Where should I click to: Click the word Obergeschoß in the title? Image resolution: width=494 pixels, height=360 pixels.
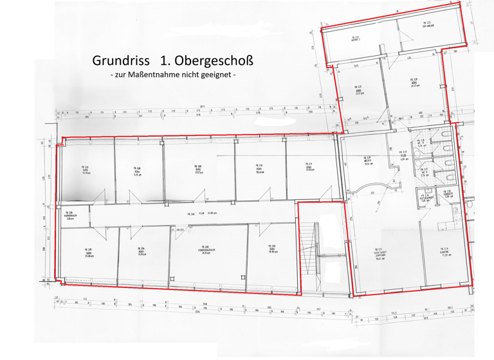click(x=215, y=62)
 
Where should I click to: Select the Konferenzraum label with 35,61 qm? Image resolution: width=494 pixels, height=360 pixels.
click(x=207, y=251)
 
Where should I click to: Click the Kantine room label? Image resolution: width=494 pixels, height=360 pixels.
click(x=444, y=251)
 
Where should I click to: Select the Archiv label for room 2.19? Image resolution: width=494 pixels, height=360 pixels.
click(x=369, y=161)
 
